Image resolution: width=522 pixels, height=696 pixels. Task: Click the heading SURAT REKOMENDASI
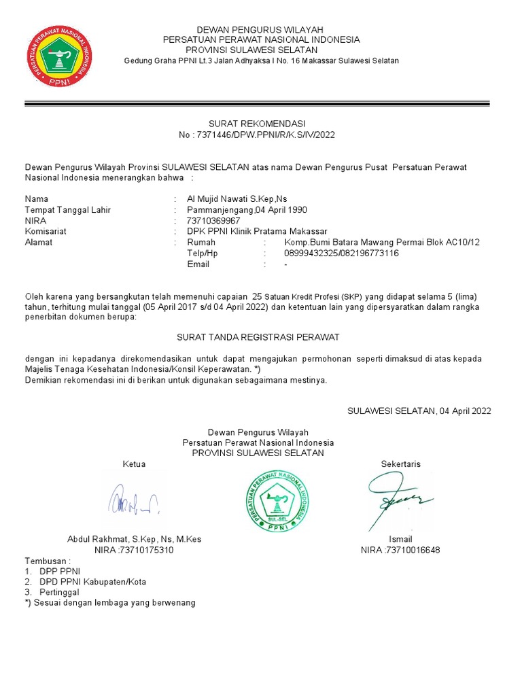[256, 123]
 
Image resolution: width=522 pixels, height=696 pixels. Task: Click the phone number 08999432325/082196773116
[341, 254]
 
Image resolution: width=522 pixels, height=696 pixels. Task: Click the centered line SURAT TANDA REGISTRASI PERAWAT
[258, 337]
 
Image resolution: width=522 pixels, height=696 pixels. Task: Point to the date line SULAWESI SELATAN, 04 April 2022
[419, 411]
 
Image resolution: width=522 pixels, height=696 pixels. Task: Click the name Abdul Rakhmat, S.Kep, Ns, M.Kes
[134, 539]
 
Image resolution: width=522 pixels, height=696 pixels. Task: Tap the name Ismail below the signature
[400, 539]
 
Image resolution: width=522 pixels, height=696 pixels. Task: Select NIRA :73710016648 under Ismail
[400, 550]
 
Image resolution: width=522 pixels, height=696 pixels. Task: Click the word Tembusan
[46, 561]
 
